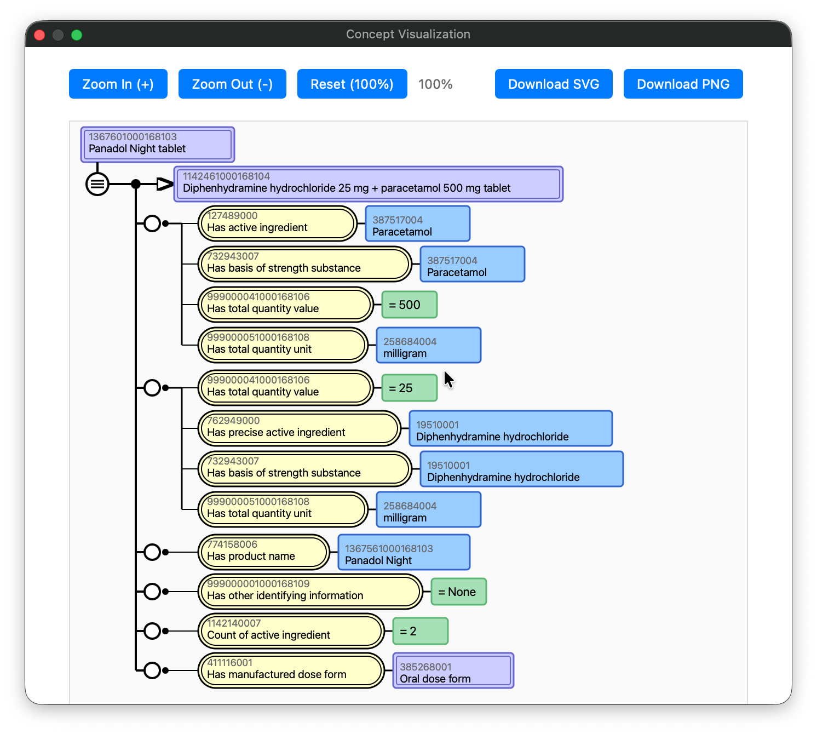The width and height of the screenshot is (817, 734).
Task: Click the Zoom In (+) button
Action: (118, 84)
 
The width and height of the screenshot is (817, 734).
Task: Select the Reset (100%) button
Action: (352, 84)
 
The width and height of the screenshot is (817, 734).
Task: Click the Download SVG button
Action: (553, 84)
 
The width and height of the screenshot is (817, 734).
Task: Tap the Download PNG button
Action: (683, 84)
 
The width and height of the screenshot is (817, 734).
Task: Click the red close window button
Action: (39, 35)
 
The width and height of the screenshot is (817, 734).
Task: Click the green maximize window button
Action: (77, 35)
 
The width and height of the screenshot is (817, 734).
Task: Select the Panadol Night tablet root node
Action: (158, 145)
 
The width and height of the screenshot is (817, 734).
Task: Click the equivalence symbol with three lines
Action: (97, 184)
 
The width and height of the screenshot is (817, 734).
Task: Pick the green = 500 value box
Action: (409, 305)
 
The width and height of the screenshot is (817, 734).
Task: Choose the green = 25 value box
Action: (409, 388)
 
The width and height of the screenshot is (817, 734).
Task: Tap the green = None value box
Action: (458, 592)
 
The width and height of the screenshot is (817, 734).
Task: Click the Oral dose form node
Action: (453, 670)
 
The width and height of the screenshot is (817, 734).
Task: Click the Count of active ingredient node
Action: (291, 631)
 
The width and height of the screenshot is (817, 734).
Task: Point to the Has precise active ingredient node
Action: (299, 428)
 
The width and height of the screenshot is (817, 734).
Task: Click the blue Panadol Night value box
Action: (404, 552)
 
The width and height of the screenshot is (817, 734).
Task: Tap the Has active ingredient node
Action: (277, 223)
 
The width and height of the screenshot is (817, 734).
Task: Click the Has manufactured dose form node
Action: (291, 670)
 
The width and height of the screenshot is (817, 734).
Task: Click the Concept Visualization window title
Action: (408, 34)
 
